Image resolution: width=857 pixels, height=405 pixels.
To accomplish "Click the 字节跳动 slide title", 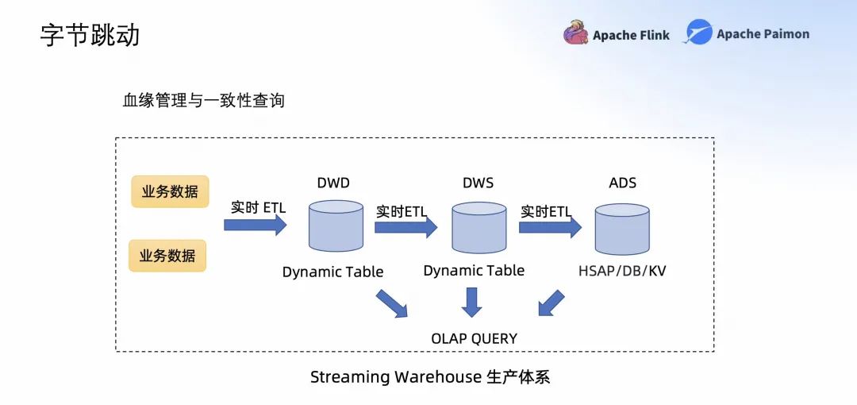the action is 90,34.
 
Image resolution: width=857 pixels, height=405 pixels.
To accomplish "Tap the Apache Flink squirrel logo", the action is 575,33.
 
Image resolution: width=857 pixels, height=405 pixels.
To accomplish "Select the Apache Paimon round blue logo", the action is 698,32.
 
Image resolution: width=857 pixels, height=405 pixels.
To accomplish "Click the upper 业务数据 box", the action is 170,191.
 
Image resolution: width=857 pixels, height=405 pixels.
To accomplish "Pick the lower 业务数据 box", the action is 167,256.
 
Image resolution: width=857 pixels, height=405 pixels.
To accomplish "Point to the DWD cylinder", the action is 336,226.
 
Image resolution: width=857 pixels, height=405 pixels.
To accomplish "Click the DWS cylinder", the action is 478,228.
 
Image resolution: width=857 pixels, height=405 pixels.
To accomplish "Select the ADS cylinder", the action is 622,229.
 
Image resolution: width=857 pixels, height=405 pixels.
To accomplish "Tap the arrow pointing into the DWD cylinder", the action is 256,225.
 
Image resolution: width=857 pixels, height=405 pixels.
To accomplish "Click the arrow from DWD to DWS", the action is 406,226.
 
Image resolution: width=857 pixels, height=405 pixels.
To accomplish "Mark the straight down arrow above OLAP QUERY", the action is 471,302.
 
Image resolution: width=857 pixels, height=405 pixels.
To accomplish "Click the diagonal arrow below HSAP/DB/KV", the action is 551,303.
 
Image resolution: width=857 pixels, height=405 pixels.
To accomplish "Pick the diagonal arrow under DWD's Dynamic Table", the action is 392,303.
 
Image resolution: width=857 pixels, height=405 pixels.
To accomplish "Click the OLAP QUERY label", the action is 474,339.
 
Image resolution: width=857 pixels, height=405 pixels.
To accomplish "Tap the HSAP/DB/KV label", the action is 622,271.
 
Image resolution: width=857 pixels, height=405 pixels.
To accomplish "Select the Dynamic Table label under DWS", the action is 474,270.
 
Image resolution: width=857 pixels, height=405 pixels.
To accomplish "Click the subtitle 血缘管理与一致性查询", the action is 204,101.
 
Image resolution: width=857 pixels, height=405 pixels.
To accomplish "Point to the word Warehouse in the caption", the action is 438,377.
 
